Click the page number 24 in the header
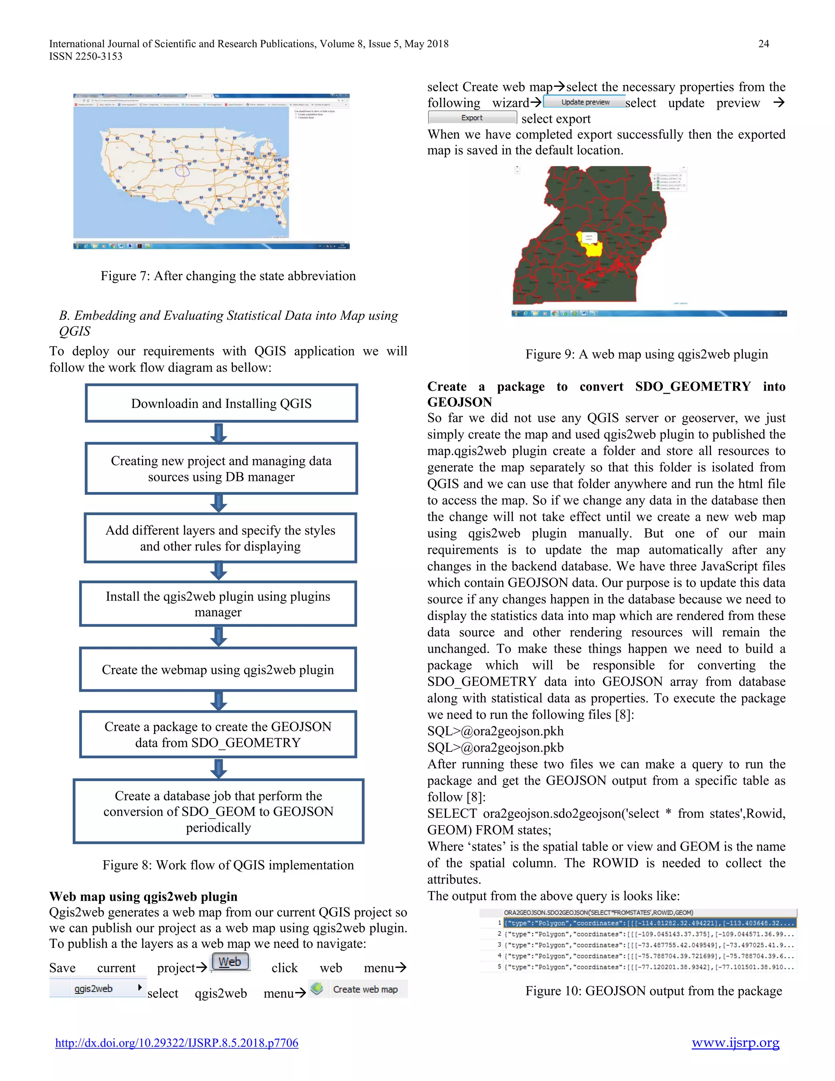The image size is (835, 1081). pyautogui.click(x=763, y=44)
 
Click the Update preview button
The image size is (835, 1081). pyautogui.click(x=585, y=102)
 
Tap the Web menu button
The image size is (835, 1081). pyautogui.click(x=230, y=962)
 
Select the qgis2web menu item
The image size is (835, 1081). pyautogui.click(x=97, y=988)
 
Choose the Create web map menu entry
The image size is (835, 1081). pyautogui.click(x=358, y=989)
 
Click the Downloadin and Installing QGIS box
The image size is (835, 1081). pyautogui.click(x=221, y=403)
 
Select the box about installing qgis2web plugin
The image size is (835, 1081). pyautogui.click(x=218, y=604)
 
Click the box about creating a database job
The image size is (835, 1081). pyautogui.click(x=218, y=811)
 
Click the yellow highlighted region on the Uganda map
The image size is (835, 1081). pyautogui.click(x=592, y=246)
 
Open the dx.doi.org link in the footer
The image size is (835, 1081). pyautogui.click(x=177, y=1043)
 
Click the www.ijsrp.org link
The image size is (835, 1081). pyautogui.click(x=735, y=1043)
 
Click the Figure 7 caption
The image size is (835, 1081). pyautogui.click(x=228, y=276)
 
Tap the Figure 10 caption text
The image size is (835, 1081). pyautogui.click(x=654, y=990)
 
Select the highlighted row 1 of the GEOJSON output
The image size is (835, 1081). pyautogui.click(x=649, y=923)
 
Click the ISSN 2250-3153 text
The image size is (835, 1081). pyautogui.click(x=86, y=56)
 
